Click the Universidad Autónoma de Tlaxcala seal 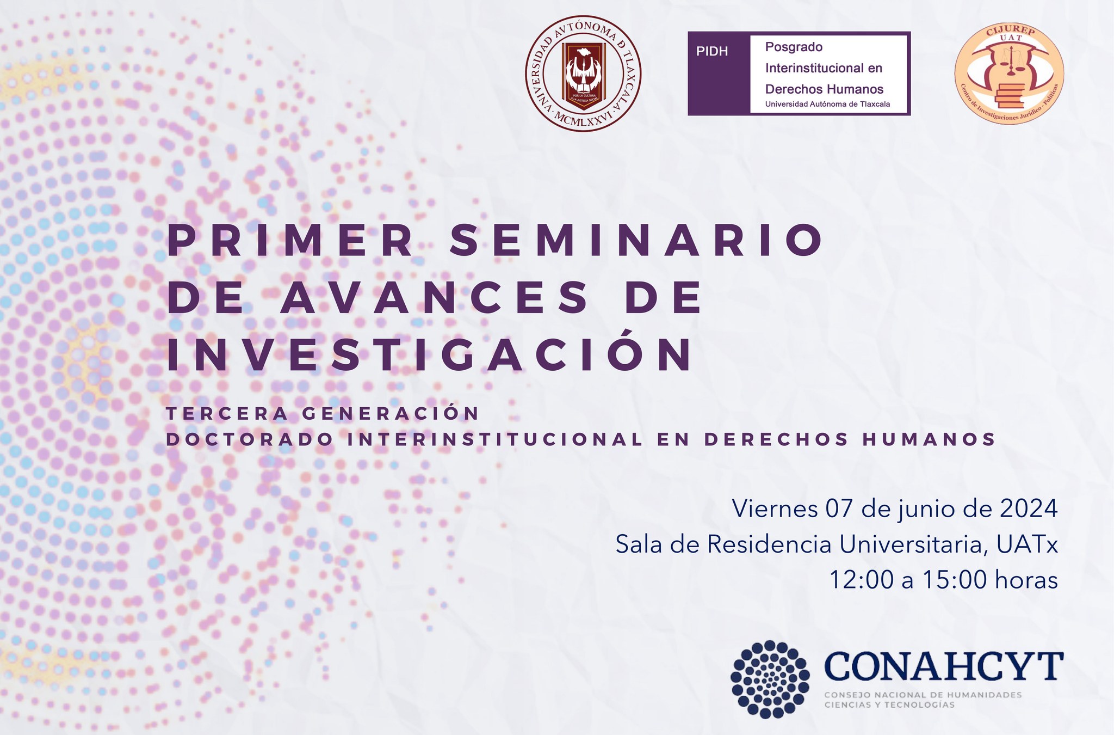coord(583,73)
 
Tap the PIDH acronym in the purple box coord(712,52)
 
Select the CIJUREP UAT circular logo coord(1009,73)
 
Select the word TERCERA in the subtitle coord(227,414)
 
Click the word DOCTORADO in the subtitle coord(250,439)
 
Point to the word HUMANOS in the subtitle coord(929,439)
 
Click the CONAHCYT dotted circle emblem coord(770,679)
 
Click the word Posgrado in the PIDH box coord(794,47)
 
